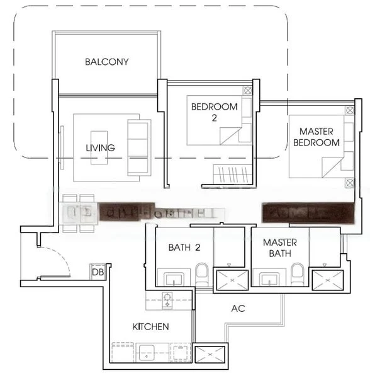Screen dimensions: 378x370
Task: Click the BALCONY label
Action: (106, 62)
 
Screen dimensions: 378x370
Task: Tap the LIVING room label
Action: (101, 148)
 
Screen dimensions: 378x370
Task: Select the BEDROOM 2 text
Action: (215, 112)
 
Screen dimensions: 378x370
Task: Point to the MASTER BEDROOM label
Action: (316, 137)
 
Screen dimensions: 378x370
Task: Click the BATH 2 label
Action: (184, 248)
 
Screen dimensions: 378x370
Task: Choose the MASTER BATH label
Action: (280, 248)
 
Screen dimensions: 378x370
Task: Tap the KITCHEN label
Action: (150, 326)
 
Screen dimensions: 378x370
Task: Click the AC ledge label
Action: (238, 309)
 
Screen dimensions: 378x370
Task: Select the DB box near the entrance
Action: (98, 272)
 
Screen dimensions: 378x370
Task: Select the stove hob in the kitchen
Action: (167, 300)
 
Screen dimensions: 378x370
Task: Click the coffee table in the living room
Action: (99, 147)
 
